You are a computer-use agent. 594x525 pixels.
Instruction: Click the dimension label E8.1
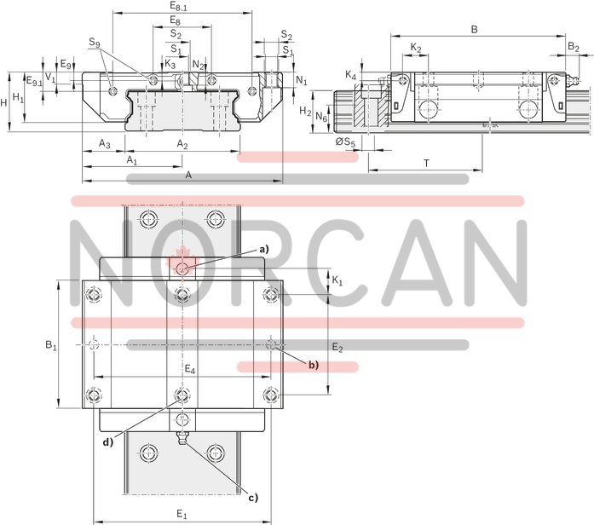[179, 6]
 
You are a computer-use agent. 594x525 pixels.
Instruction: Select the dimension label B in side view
[474, 28]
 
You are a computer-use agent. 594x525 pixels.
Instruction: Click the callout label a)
[264, 249]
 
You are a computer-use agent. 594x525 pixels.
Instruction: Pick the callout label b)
[313, 365]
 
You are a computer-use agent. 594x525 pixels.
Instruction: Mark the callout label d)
[107, 441]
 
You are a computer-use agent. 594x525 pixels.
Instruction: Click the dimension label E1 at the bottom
[181, 514]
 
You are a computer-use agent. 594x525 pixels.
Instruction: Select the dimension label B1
[51, 345]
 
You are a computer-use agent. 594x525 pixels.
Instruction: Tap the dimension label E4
[190, 369]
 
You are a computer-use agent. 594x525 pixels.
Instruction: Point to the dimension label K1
[337, 280]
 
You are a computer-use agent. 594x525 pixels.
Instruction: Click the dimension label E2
[337, 348]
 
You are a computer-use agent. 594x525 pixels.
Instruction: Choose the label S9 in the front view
[94, 41]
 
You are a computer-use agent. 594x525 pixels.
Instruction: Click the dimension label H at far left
[5, 101]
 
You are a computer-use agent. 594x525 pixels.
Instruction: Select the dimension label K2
[415, 47]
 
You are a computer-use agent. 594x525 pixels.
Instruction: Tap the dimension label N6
[320, 116]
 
